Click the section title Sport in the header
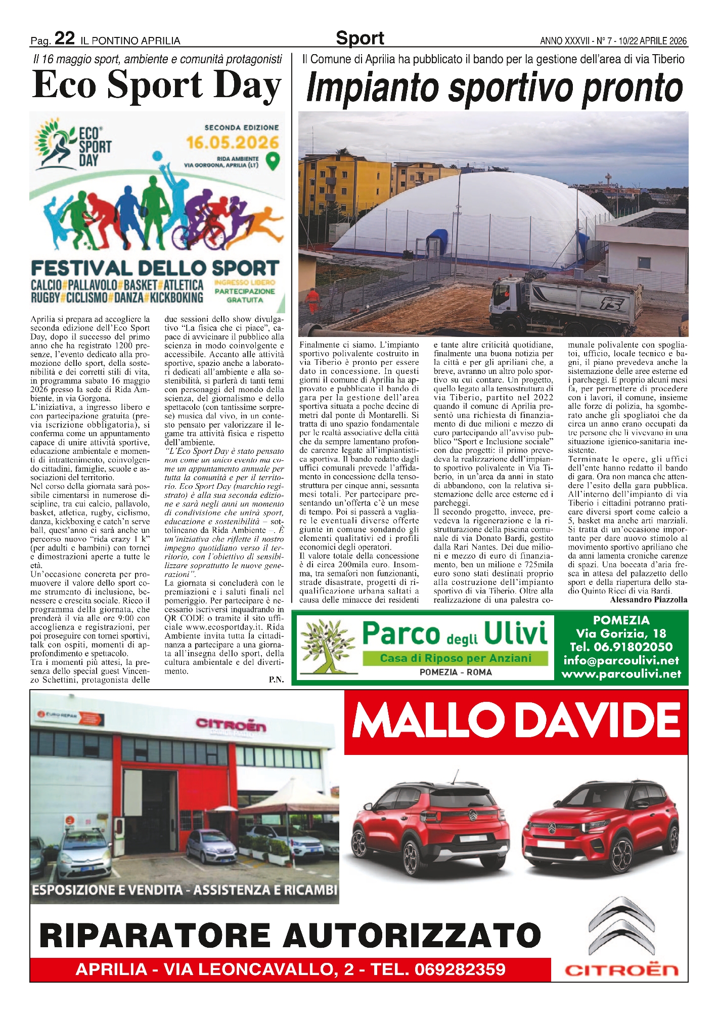[x=360, y=38]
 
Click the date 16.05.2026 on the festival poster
[x=233, y=142]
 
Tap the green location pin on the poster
[x=274, y=160]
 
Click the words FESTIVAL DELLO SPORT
[x=155, y=268]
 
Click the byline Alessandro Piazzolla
[x=648, y=600]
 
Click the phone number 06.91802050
[x=621, y=647]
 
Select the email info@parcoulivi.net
[x=621, y=660]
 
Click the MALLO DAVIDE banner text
[x=516, y=720]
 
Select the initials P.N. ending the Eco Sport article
[x=276, y=680]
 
